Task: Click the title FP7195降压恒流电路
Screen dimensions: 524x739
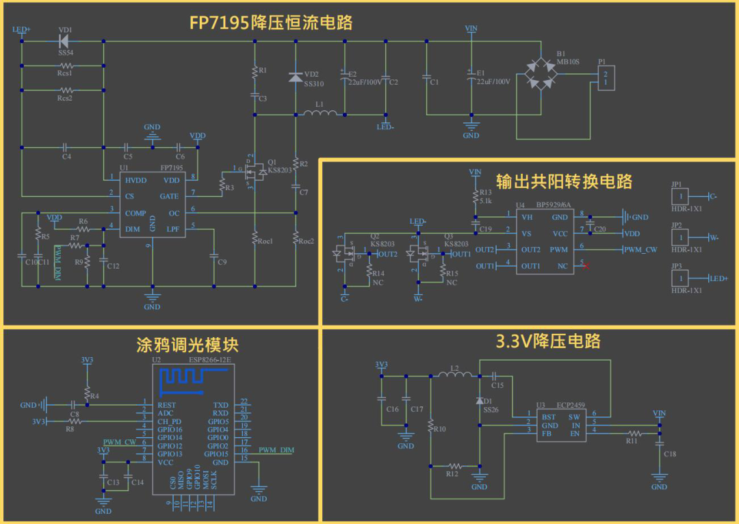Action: click(271, 23)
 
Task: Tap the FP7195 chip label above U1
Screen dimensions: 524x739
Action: click(171, 168)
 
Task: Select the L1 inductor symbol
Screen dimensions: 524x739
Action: click(320, 114)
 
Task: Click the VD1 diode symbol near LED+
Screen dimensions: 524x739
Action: click(66, 41)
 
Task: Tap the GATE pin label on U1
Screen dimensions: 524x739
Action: click(169, 196)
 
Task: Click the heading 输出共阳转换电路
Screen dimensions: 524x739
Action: click(564, 181)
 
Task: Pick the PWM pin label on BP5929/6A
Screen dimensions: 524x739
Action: click(559, 250)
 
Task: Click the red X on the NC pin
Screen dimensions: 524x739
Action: click(586, 265)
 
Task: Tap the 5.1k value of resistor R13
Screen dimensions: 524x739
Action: click(485, 201)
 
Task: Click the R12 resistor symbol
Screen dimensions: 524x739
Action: click(452, 467)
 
